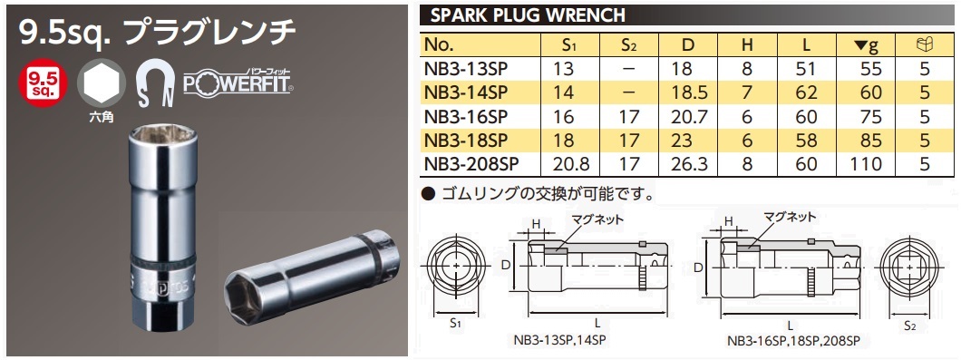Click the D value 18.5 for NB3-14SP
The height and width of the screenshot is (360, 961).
coord(694,92)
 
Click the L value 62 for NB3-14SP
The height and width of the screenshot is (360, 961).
coord(806,92)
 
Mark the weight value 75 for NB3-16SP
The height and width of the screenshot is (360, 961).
coord(870,116)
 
